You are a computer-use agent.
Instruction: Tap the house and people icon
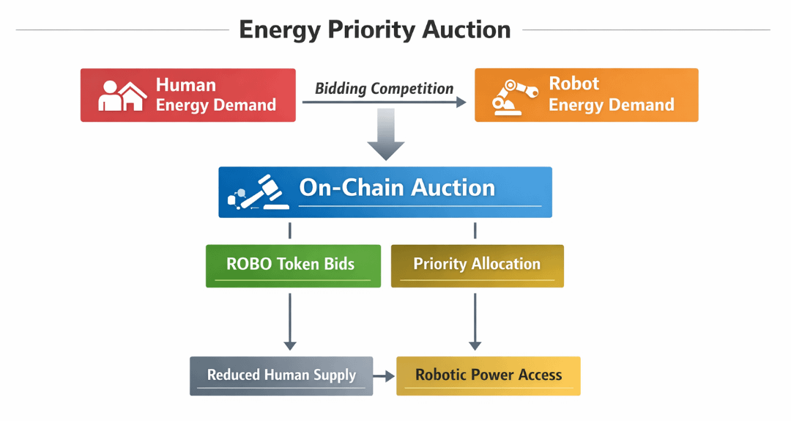click(122, 95)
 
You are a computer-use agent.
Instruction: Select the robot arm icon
click(509, 95)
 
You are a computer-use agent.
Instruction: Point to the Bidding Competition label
click(384, 89)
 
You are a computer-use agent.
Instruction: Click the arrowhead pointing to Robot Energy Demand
click(461, 103)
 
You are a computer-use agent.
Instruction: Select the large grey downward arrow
click(385, 135)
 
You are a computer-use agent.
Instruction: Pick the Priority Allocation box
click(477, 265)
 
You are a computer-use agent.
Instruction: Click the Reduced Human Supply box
click(281, 376)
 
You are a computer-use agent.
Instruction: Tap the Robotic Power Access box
click(489, 376)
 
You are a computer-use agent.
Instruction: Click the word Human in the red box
click(186, 85)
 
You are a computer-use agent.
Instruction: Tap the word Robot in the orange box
click(574, 84)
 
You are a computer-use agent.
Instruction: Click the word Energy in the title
click(280, 31)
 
